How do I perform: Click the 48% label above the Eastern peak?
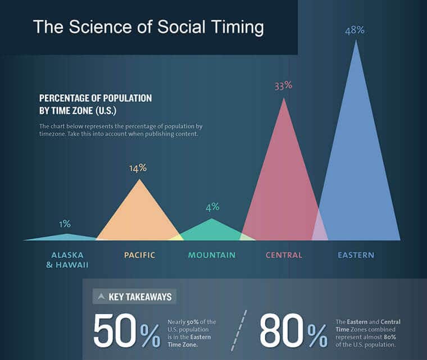click(355, 30)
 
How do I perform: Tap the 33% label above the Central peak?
click(283, 86)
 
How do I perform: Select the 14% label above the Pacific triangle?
click(138, 167)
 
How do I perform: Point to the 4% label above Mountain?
click(212, 207)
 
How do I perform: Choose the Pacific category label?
click(139, 255)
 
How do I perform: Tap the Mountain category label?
click(212, 255)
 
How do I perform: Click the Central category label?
click(284, 255)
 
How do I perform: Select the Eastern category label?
click(356, 255)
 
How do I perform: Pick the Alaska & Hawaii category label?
click(67, 259)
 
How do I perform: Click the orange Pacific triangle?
click(139, 216)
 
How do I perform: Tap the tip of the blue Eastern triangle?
click(355, 42)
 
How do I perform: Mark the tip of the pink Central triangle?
click(283, 99)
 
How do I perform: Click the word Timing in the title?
click(231, 27)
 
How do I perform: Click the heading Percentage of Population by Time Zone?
click(96, 104)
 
